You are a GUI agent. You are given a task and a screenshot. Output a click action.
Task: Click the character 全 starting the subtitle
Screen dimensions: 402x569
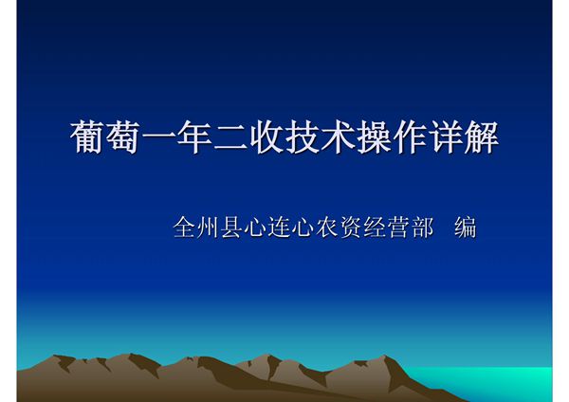(x=184, y=228)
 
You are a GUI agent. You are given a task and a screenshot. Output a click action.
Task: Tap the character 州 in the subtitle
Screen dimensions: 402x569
(x=208, y=228)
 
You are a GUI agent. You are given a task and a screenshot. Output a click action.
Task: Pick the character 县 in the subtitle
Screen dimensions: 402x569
(x=231, y=228)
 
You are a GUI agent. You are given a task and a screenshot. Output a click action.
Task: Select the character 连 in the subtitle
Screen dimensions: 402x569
(x=279, y=228)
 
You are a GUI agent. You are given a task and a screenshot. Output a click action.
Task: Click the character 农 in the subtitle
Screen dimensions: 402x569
(x=326, y=228)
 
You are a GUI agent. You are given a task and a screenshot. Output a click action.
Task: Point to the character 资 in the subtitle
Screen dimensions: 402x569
(x=350, y=228)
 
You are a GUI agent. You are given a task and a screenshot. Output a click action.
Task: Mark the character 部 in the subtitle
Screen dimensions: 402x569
(x=421, y=228)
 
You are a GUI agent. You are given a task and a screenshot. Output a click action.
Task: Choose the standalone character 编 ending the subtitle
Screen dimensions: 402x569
(x=465, y=228)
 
